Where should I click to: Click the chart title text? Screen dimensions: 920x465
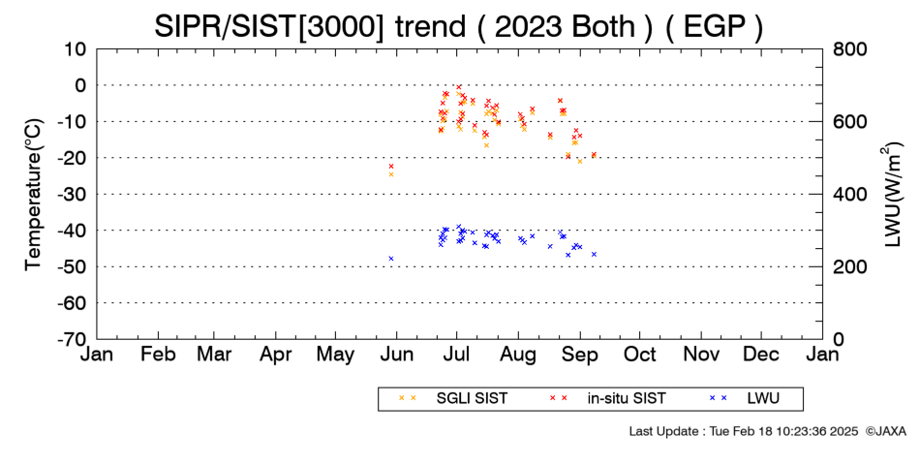pos(459,27)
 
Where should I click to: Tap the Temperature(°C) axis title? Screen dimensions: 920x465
pos(34,195)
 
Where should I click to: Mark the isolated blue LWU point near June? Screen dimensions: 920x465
pos(391,259)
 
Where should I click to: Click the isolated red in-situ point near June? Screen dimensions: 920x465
pos(391,167)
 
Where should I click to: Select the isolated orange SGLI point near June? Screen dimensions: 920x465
pos(391,174)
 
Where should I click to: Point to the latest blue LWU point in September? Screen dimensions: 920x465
pos(594,254)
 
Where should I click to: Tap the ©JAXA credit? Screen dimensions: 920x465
pos(886,431)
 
